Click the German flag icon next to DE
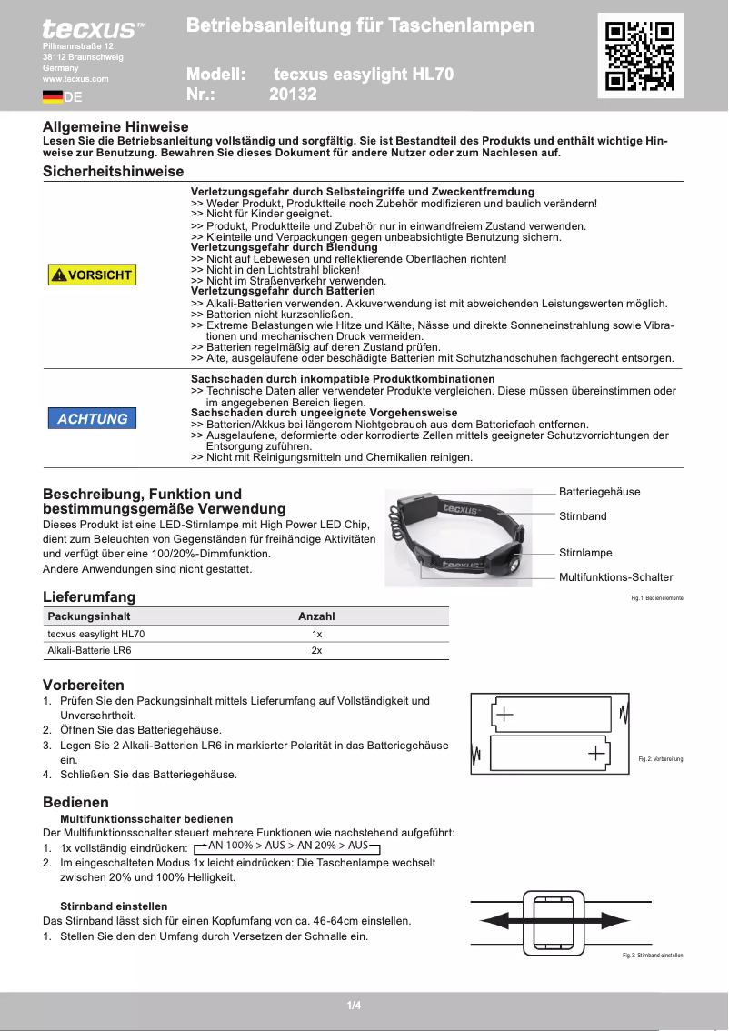52,96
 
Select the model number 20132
293,94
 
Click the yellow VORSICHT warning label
92,275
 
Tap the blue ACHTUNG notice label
92,418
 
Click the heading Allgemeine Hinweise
115,127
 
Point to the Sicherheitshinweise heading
114,171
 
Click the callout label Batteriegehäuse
599,492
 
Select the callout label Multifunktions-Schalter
615,577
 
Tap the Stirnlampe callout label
585,553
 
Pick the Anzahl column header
316,616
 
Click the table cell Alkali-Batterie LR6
89,651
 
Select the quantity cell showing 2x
316,651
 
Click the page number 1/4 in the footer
355,1005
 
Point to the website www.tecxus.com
75,79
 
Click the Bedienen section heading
75,803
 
